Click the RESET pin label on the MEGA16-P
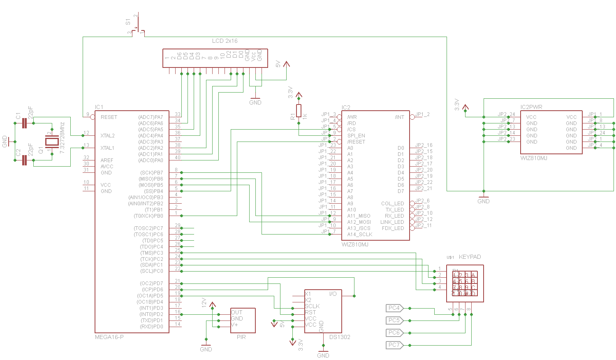(109, 117)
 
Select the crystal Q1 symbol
(52, 142)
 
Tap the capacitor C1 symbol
(24, 123)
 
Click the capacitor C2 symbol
(24, 160)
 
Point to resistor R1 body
(299, 111)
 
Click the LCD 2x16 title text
(225, 41)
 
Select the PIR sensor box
(243, 321)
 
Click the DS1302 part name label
(340, 337)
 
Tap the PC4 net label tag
(394, 308)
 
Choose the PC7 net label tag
(394, 345)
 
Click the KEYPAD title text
(470, 257)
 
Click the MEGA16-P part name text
(109, 337)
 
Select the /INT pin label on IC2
(399, 117)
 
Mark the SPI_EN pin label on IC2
(356, 136)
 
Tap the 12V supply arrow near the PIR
(212, 305)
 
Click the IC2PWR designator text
(531, 107)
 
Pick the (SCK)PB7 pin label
(151, 173)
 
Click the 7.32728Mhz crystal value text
(62, 138)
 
